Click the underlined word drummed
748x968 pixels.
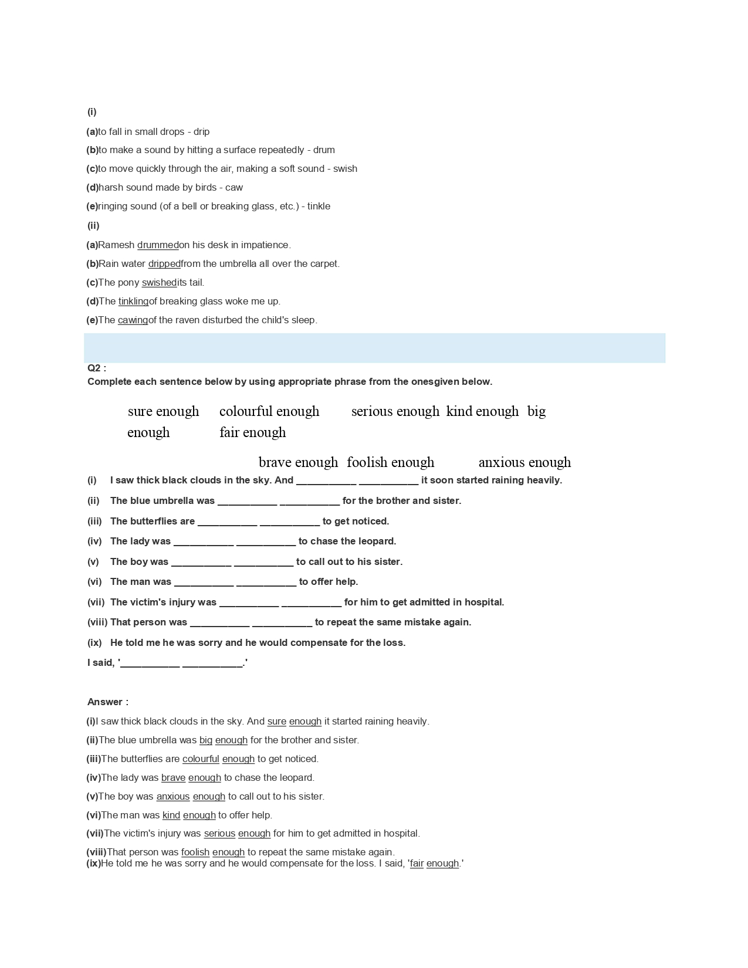[x=158, y=245]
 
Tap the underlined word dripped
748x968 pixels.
[x=164, y=264]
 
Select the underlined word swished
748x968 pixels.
[x=159, y=283]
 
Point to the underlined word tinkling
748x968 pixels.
[x=133, y=302]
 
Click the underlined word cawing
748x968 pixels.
[x=133, y=320]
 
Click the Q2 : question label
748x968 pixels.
[x=97, y=368]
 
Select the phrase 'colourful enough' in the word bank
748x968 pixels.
[x=269, y=411]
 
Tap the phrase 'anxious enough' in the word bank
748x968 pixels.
[x=524, y=462]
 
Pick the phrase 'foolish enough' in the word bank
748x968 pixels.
[x=390, y=462]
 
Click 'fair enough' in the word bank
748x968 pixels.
[x=253, y=432]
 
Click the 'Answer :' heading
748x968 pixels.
[x=108, y=702]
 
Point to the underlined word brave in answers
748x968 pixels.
[x=173, y=778]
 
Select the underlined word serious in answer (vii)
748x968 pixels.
[x=219, y=834]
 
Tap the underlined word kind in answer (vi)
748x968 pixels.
[x=171, y=815]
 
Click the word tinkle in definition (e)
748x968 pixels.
[x=319, y=207]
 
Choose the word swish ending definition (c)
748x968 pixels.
[x=345, y=169]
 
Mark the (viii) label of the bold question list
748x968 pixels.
[x=97, y=622]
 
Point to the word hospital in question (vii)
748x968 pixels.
[x=484, y=603]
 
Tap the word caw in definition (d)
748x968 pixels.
[x=234, y=188]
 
